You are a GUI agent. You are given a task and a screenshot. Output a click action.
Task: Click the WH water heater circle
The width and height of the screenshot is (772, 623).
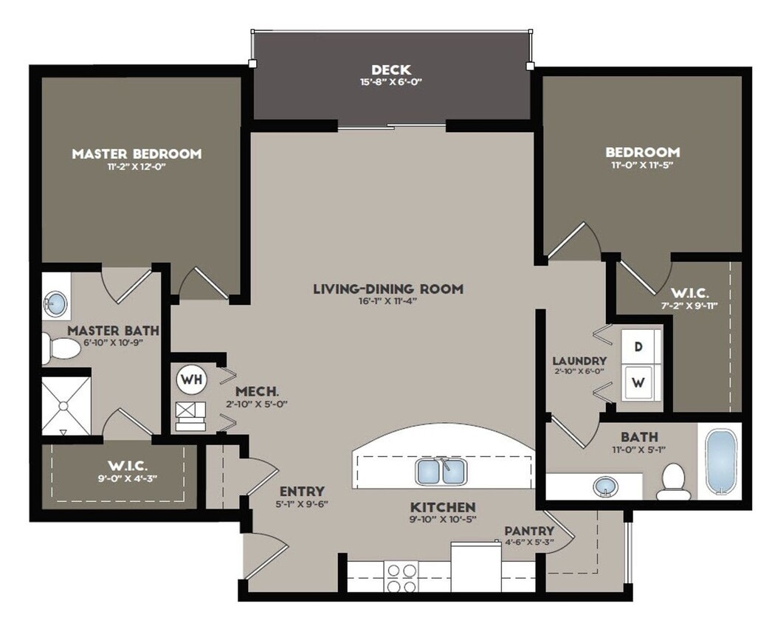(192, 380)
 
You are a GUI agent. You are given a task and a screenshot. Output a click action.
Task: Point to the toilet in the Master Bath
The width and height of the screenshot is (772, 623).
(61, 347)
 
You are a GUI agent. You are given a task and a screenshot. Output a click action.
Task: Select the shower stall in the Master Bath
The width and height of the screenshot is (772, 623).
(65, 406)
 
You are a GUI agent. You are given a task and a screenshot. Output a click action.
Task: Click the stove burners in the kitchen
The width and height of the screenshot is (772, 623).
(402, 574)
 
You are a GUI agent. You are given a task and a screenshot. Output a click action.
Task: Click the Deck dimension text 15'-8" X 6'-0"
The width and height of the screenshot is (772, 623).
(391, 83)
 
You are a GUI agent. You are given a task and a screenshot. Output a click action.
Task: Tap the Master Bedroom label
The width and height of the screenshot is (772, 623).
(137, 154)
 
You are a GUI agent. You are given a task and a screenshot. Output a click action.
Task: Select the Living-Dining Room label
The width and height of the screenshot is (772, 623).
(387, 289)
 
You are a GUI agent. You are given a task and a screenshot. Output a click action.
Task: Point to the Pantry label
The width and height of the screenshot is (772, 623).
(529, 531)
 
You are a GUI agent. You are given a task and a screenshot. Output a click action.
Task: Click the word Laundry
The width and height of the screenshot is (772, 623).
(579, 361)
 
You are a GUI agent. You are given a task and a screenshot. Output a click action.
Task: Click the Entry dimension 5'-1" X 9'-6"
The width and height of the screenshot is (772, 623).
(301, 505)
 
